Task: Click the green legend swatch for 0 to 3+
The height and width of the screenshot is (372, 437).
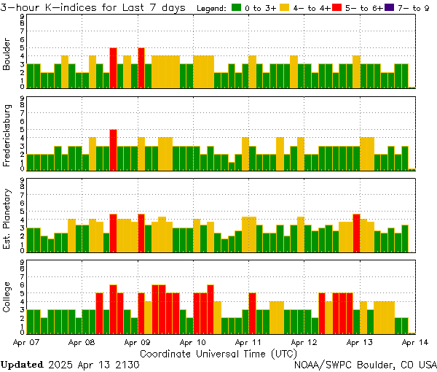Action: click(x=237, y=8)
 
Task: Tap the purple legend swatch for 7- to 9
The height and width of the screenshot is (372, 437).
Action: click(x=388, y=8)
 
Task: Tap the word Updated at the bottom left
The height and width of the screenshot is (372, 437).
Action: click(x=22, y=364)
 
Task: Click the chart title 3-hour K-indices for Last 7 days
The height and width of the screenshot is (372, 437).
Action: click(x=95, y=8)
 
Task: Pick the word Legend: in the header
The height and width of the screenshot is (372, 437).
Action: click(x=212, y=8)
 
